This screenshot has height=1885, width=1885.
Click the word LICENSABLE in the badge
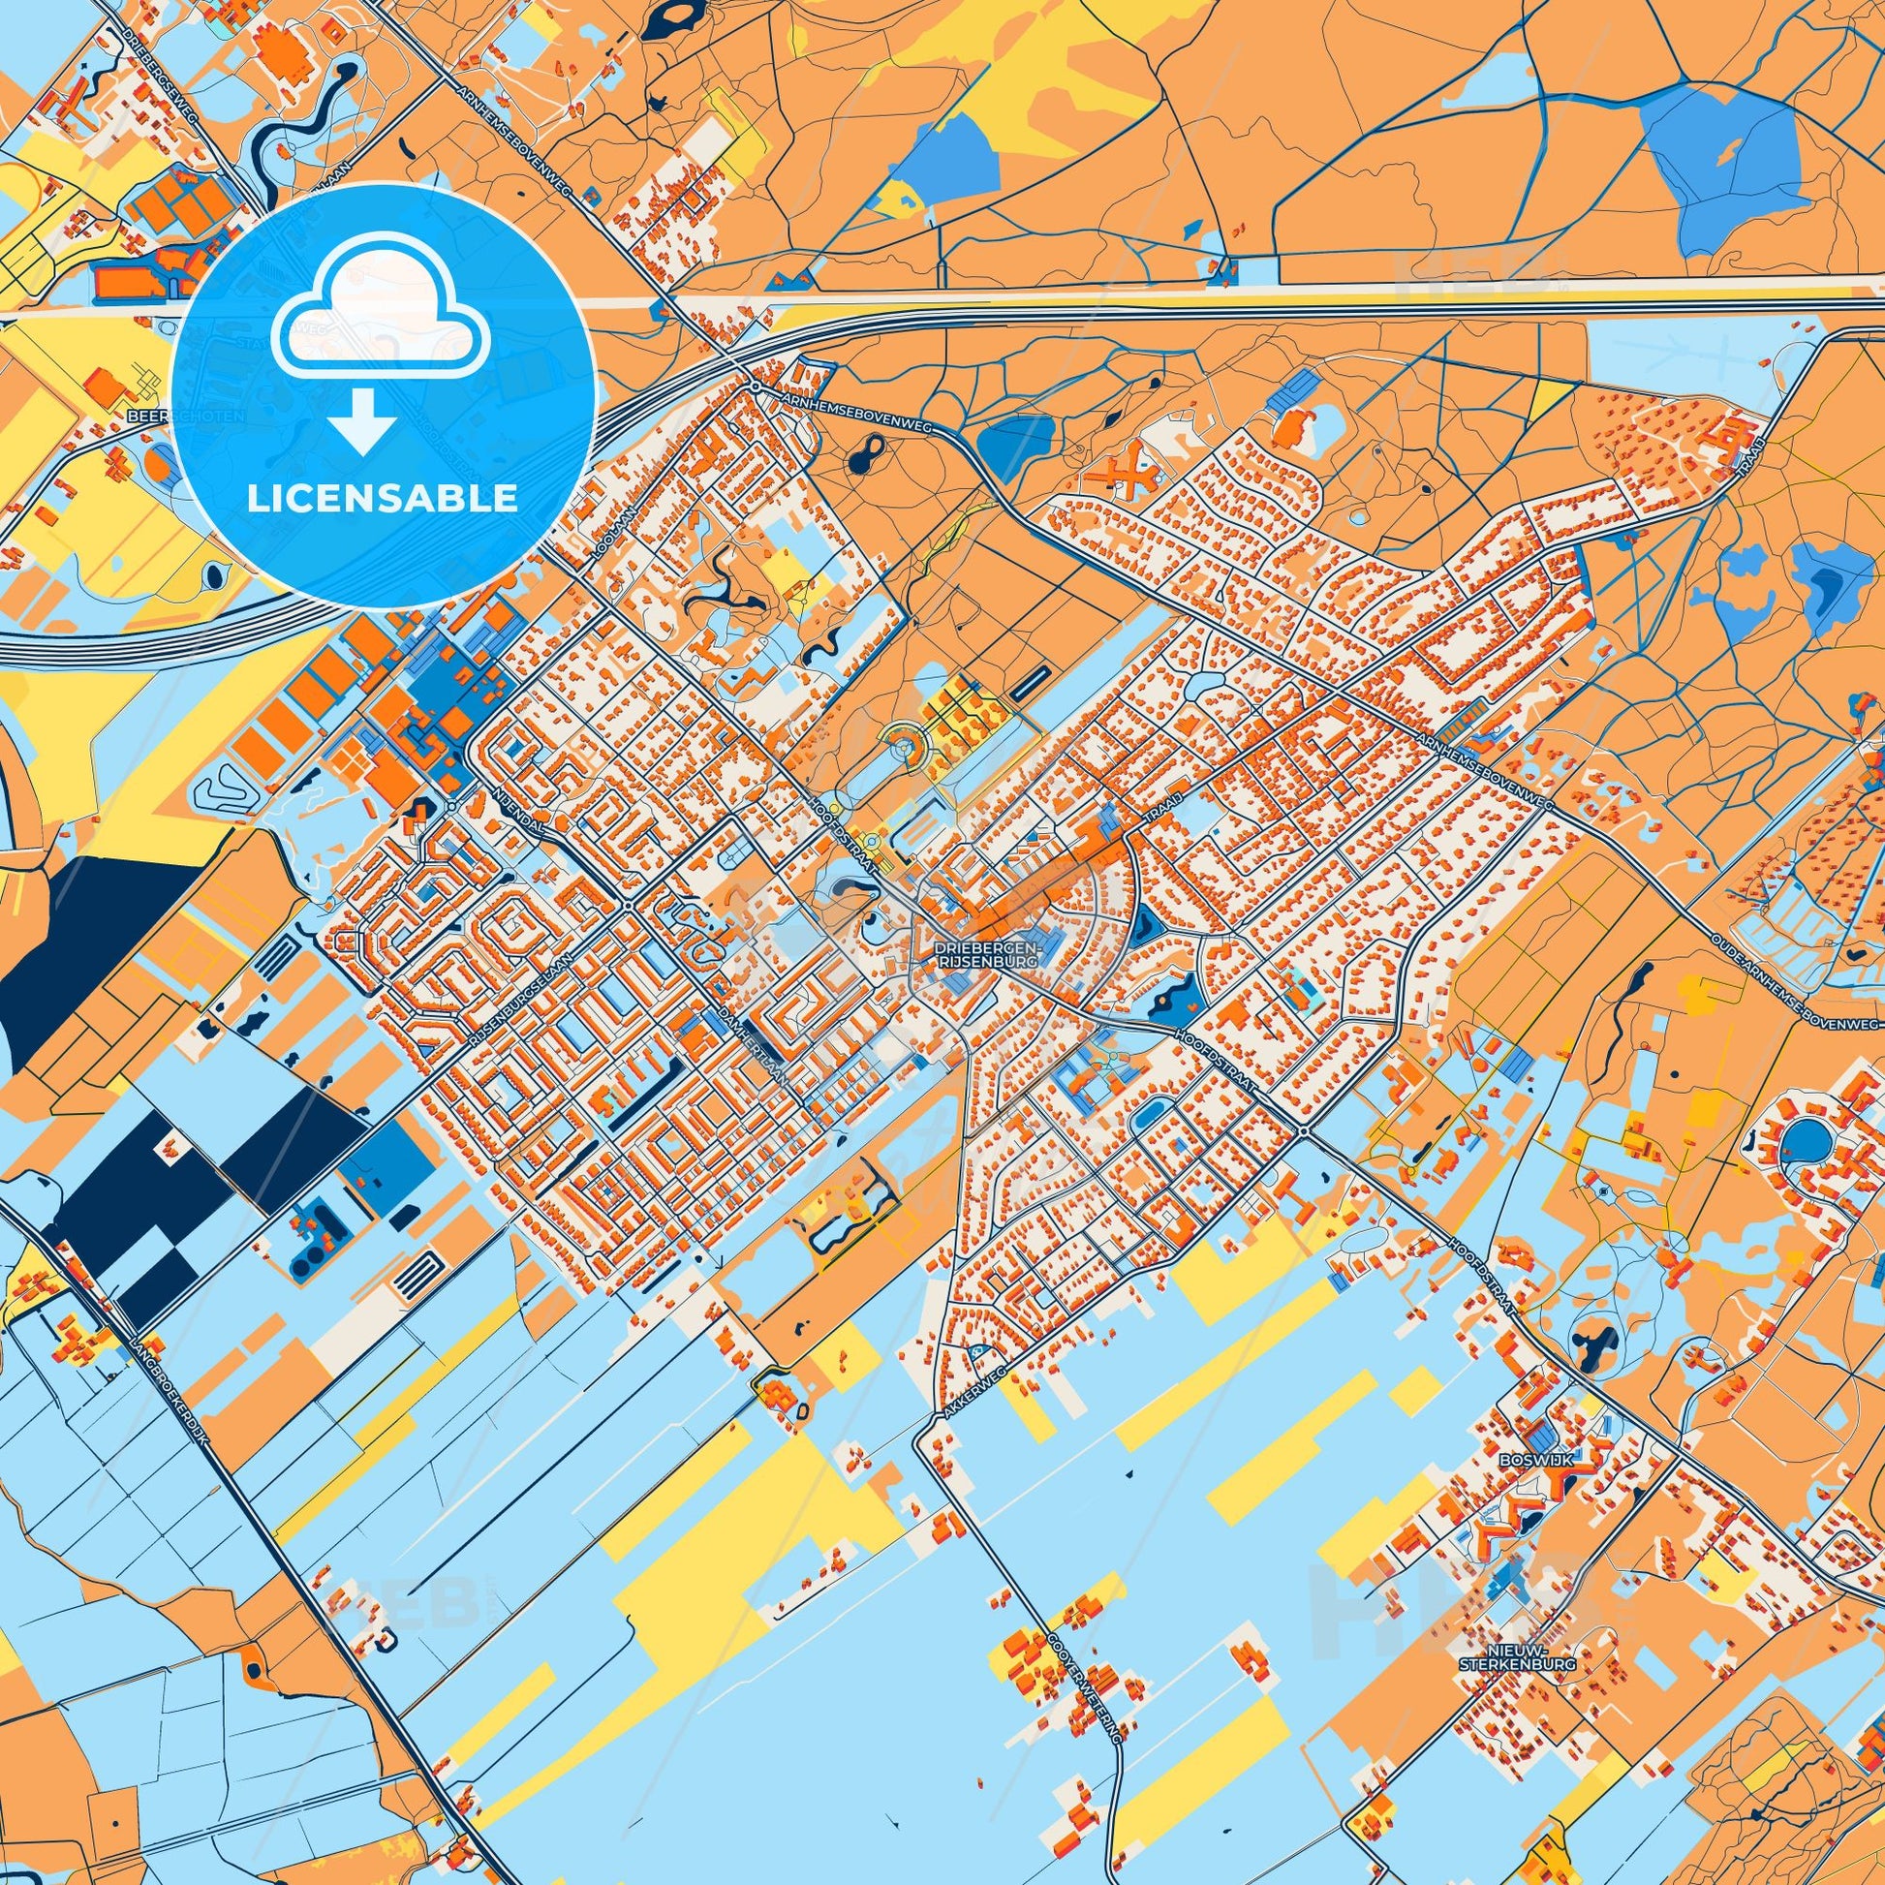click(x=383, y=499)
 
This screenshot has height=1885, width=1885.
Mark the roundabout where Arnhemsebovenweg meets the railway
click(x=756, y=387)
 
